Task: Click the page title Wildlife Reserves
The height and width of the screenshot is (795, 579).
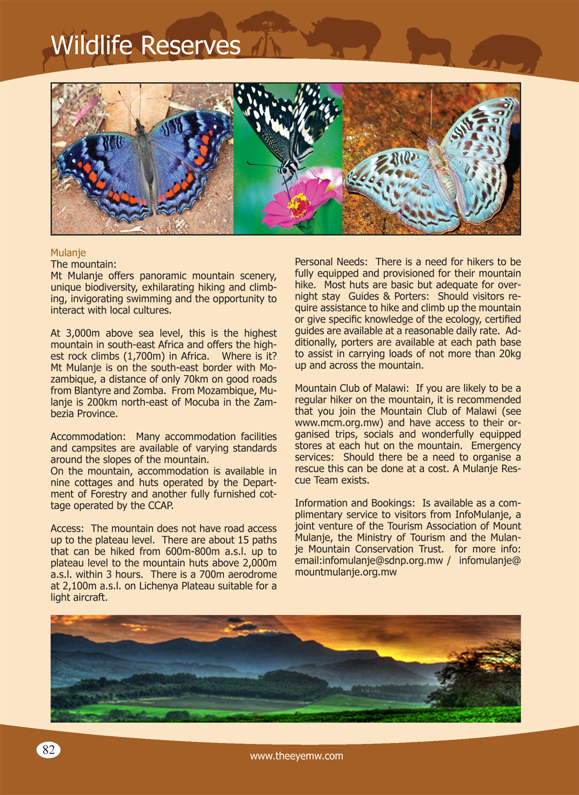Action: click(x=145, y=46)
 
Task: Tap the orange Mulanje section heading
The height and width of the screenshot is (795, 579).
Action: click(x=68, y=253)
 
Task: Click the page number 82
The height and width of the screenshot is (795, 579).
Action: click(x=49, y=750)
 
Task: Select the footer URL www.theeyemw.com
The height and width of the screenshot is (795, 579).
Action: click(x=296, y=756)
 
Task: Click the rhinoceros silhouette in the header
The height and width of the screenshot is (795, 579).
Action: click(x=343, y=37)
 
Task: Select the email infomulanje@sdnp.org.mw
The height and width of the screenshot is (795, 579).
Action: click(x=382, y=561)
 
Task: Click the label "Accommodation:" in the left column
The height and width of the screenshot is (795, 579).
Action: click(x=88, y=436)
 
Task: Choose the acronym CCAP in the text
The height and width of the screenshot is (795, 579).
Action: click(x=159, y=506)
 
